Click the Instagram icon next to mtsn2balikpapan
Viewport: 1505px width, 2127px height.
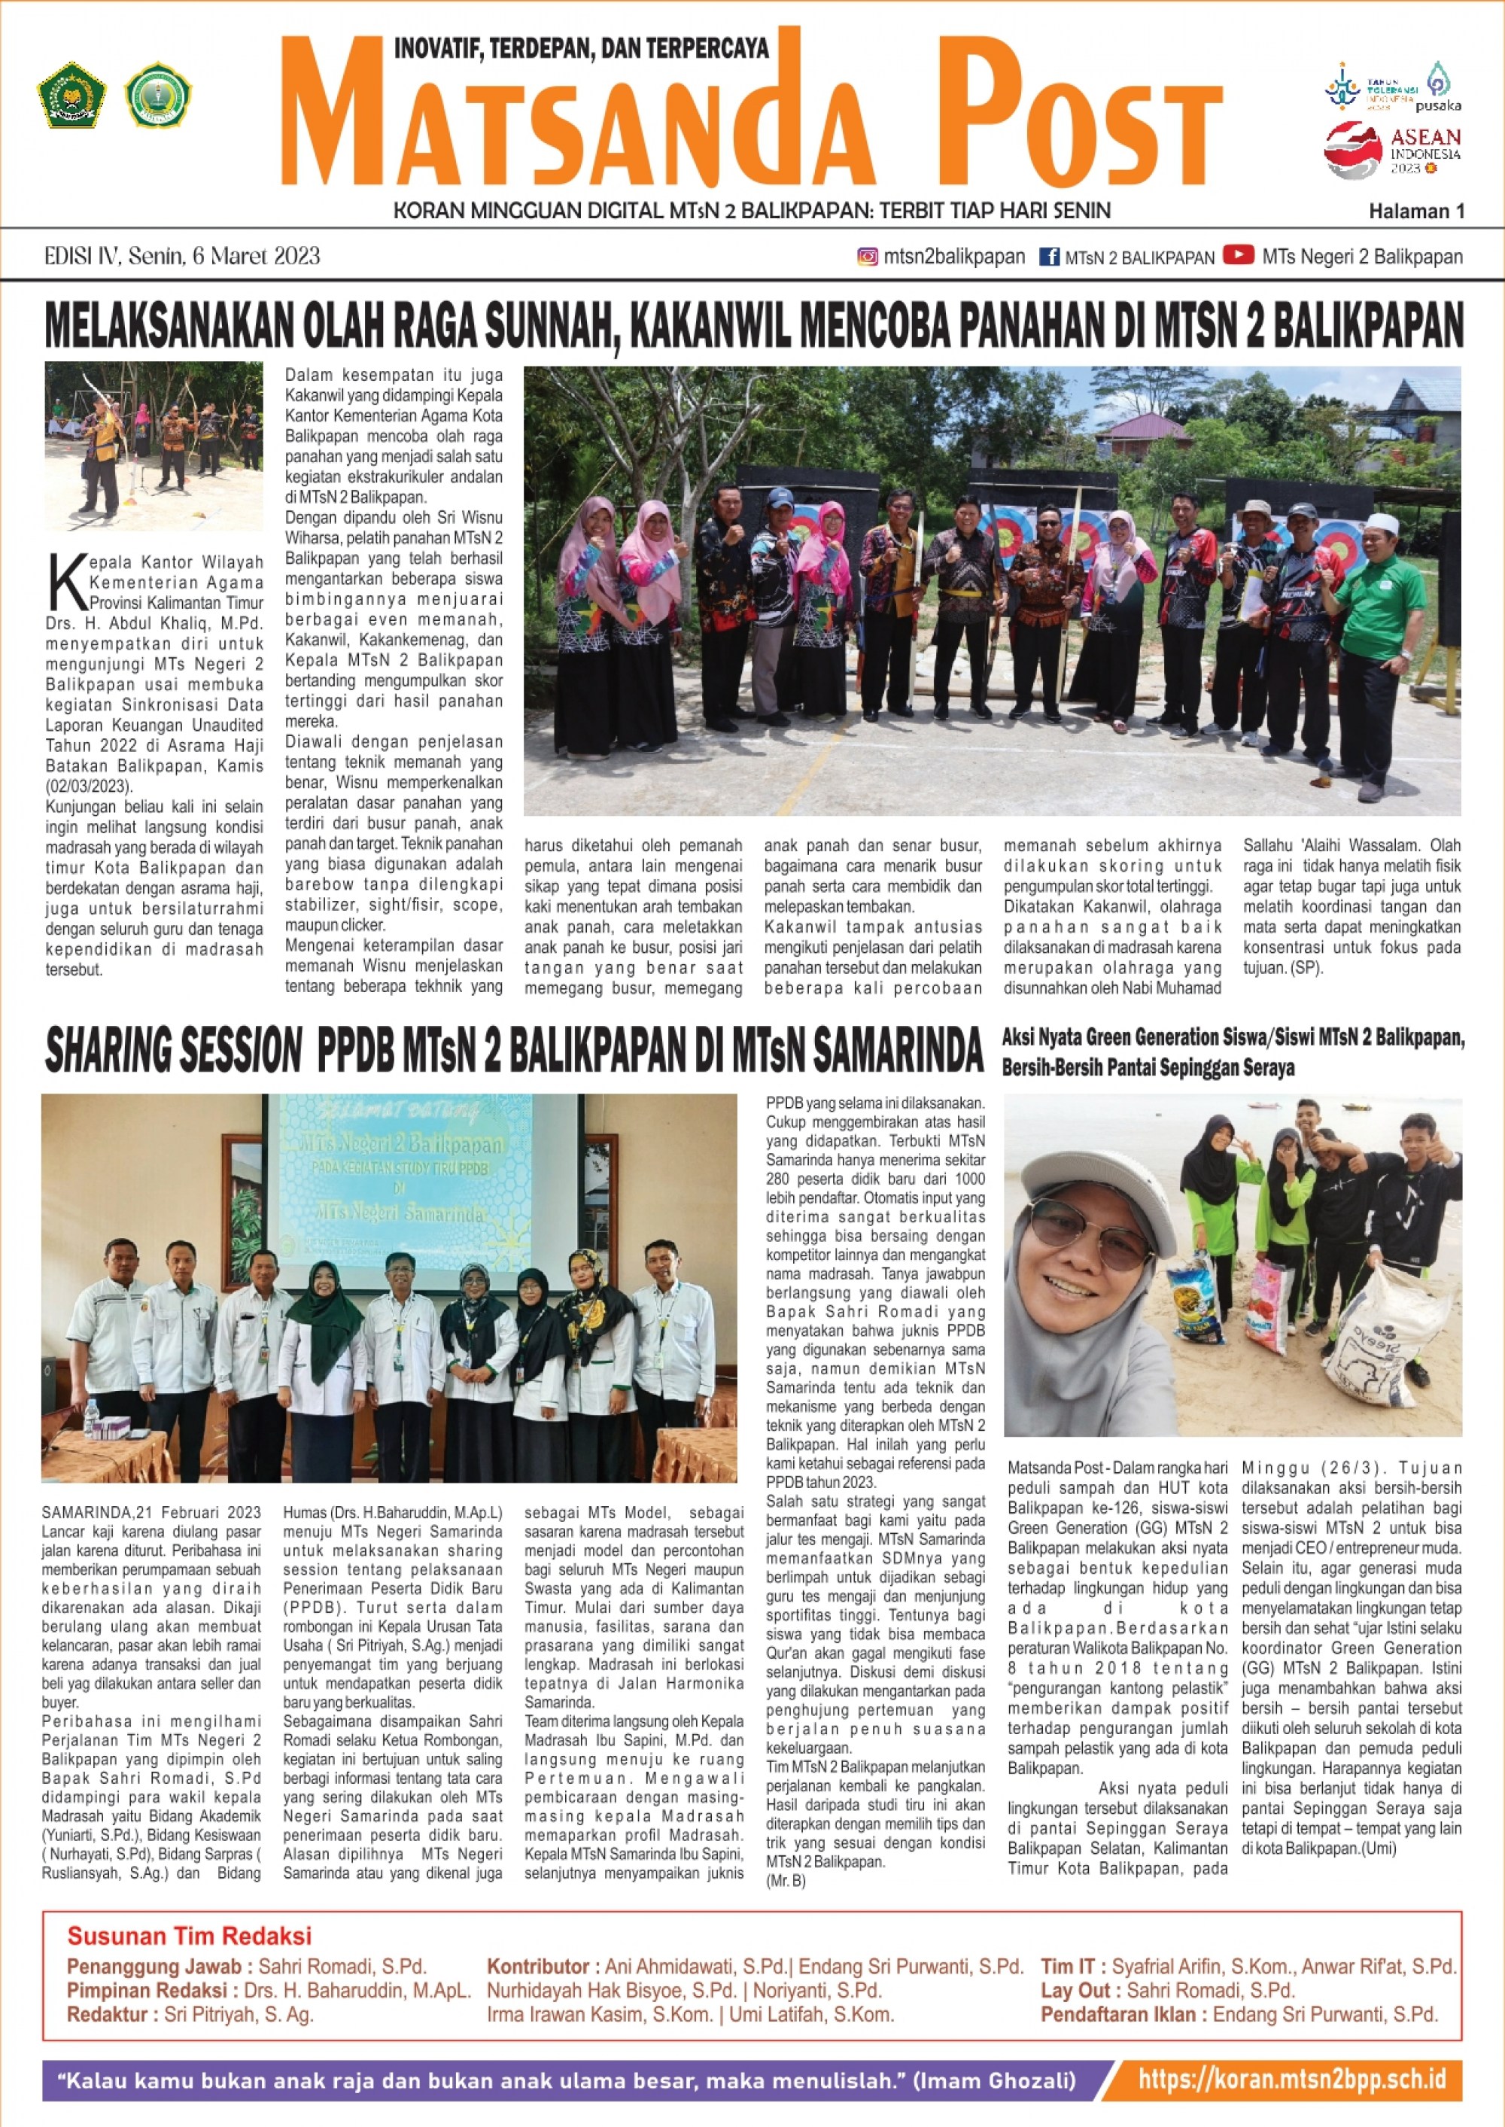[868, 257]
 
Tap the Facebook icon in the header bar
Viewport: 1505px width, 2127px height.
[1049, 257]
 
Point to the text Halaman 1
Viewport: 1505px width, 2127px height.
[1416, 212]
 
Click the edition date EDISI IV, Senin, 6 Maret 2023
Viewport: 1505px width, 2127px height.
[183, 257]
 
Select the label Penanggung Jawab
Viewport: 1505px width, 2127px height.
[154, 1967]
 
